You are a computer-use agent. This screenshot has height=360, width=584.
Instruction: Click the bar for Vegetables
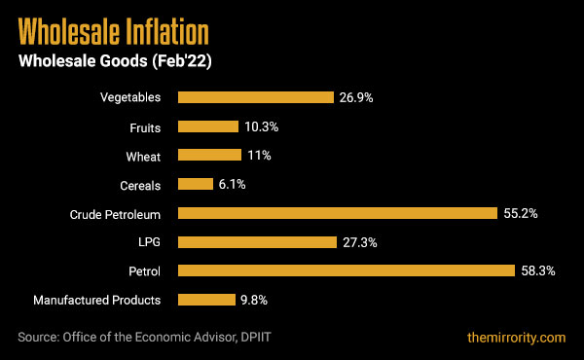coord(255,97)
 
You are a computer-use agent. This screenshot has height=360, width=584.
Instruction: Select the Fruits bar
coord(207,126)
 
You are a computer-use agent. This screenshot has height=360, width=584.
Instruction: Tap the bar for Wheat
coord(209,156)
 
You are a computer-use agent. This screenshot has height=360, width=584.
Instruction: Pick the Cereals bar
coord(195,184)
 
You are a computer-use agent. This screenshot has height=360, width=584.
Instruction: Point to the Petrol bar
coord(347,270)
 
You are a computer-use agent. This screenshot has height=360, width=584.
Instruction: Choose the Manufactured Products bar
coord(206,300)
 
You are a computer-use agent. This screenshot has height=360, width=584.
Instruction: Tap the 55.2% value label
coord(520,213)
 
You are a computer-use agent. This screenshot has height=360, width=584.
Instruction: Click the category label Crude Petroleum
coord(114,213)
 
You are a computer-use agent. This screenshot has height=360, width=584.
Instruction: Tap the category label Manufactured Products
coord(96,300)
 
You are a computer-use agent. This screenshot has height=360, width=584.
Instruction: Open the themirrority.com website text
coord(516,338)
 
